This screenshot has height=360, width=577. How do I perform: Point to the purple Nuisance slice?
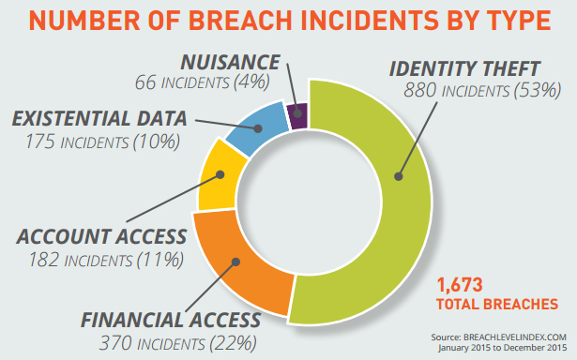click(x=298, y=114)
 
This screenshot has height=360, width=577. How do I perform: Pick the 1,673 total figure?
click(x=463, y=284)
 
